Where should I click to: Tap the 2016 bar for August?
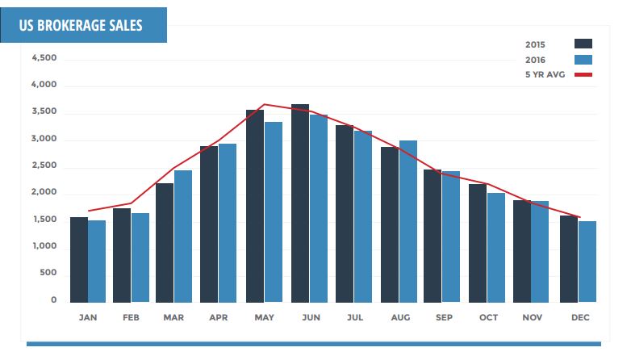pos(408,221)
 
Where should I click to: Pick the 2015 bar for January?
pos(79,259)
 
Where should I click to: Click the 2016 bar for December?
pos(587,262)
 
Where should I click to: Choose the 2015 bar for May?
pos(255,206)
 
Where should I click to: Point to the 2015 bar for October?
pos(478,243)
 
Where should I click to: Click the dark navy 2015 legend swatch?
pos(583,44)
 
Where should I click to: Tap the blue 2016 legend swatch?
pos(583,59)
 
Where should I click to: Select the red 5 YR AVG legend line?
pos(583,75)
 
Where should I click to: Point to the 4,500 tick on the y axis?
pos(44,59)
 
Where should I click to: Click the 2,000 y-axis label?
pos(44,193)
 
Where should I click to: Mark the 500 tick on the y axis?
pos(48,273)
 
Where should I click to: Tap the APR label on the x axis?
pos(218,318)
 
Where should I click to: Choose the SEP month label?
pos(442,318)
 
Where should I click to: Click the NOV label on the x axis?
pos(533,318)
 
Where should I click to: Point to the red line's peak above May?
pos(265,104)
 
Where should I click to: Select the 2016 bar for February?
pos(140,257)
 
